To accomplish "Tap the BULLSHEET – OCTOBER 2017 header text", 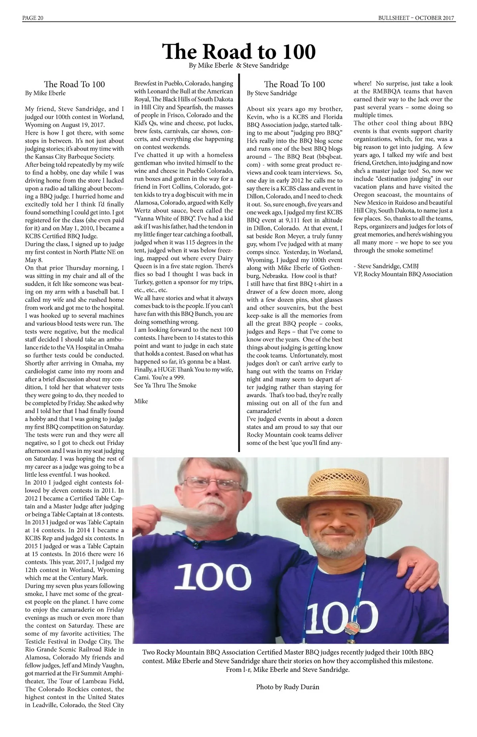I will [x=416, y=18].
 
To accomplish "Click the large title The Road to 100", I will [x=238, y=51].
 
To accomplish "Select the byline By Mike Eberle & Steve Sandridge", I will [x=238, y=66].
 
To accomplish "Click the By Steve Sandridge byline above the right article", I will [x=272, y=93].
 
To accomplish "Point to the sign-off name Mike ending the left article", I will [x=141, y=401].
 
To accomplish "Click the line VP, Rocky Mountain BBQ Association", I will [x=403, y=274].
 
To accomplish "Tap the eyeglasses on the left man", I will [x=213, y=484].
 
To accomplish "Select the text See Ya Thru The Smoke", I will [x=165, y=385].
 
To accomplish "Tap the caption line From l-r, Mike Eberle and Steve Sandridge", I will [x=287, y=670].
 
